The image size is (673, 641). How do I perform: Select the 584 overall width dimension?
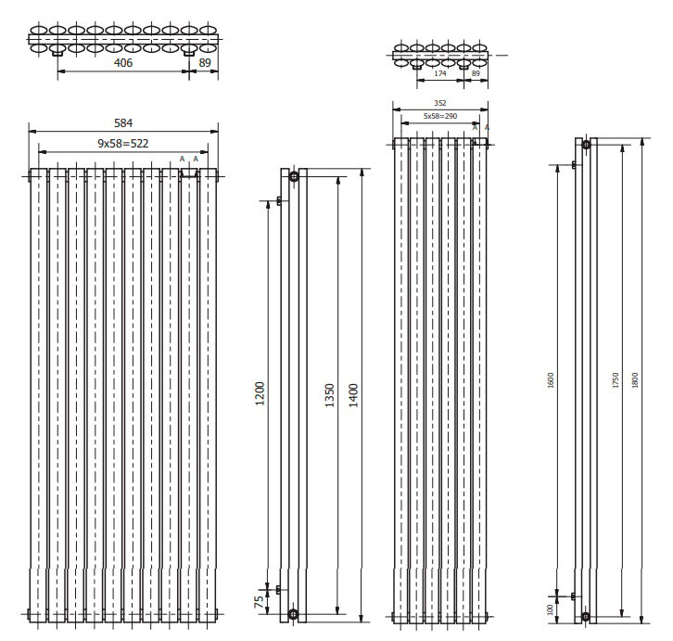click(121, 121)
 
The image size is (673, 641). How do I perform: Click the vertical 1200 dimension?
click(260, 392)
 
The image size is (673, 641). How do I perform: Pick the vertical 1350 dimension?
click(330, 392)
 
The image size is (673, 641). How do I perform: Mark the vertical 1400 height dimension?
click(353, 392)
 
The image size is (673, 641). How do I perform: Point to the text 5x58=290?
click(441, 117)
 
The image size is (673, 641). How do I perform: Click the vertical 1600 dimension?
click(551, 379)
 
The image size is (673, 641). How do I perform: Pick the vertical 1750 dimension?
click(616, 379)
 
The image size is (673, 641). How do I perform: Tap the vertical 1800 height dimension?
click(634, 379)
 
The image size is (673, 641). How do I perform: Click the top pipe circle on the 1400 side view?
click(294, 175)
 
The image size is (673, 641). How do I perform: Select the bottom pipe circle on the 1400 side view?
click(294, 613)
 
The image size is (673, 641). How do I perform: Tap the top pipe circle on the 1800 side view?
click(586, 143)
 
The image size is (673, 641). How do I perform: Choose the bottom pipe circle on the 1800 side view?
click(586, 616)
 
